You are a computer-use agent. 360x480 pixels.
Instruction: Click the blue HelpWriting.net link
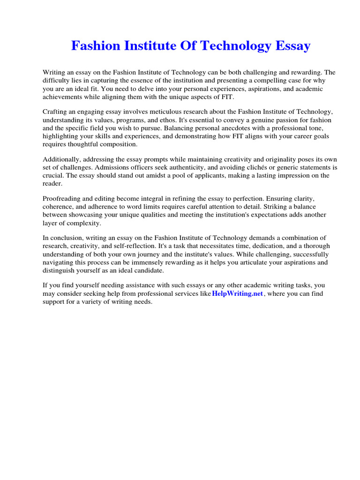[x=238, y=293]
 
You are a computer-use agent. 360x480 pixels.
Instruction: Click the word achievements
[x=65, y=97]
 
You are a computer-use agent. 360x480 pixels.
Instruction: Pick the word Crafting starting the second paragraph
[x=56, y=112]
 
